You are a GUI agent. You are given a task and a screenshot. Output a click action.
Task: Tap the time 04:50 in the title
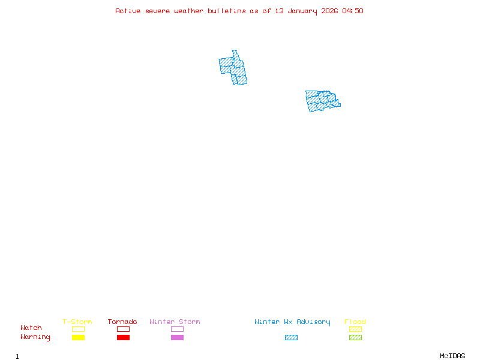coord(353,11)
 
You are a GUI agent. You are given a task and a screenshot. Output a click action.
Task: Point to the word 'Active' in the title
coord(128,11)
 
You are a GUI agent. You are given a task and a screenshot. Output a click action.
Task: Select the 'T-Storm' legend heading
coord(77,322)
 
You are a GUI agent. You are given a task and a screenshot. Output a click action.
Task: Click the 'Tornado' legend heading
coord(122,322)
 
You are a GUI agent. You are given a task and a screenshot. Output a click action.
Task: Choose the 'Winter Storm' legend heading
coord(175,322)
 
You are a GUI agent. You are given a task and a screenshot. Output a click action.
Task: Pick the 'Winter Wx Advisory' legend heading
coord(292,322)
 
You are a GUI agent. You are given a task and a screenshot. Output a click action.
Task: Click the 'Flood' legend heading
coord(355,322)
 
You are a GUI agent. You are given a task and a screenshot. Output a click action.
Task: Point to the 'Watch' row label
coord(31,328)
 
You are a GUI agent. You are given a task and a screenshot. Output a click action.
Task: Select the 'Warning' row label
coord(35,337)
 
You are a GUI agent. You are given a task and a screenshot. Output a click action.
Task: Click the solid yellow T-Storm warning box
coord(78,337)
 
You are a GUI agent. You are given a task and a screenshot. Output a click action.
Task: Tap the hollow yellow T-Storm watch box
coord(78,329)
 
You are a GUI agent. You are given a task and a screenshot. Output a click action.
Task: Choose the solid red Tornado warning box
coord(123,337)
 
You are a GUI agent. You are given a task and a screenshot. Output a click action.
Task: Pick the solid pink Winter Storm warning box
coord(177,337)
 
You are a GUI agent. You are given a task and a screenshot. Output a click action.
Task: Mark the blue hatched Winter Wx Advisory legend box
coord(291,337)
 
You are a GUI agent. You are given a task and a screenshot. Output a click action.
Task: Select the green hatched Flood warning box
coord(355,337)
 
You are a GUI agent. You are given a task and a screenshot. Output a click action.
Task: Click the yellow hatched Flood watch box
coord(355,329)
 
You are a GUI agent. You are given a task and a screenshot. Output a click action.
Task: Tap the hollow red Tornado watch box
coord(123,329)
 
